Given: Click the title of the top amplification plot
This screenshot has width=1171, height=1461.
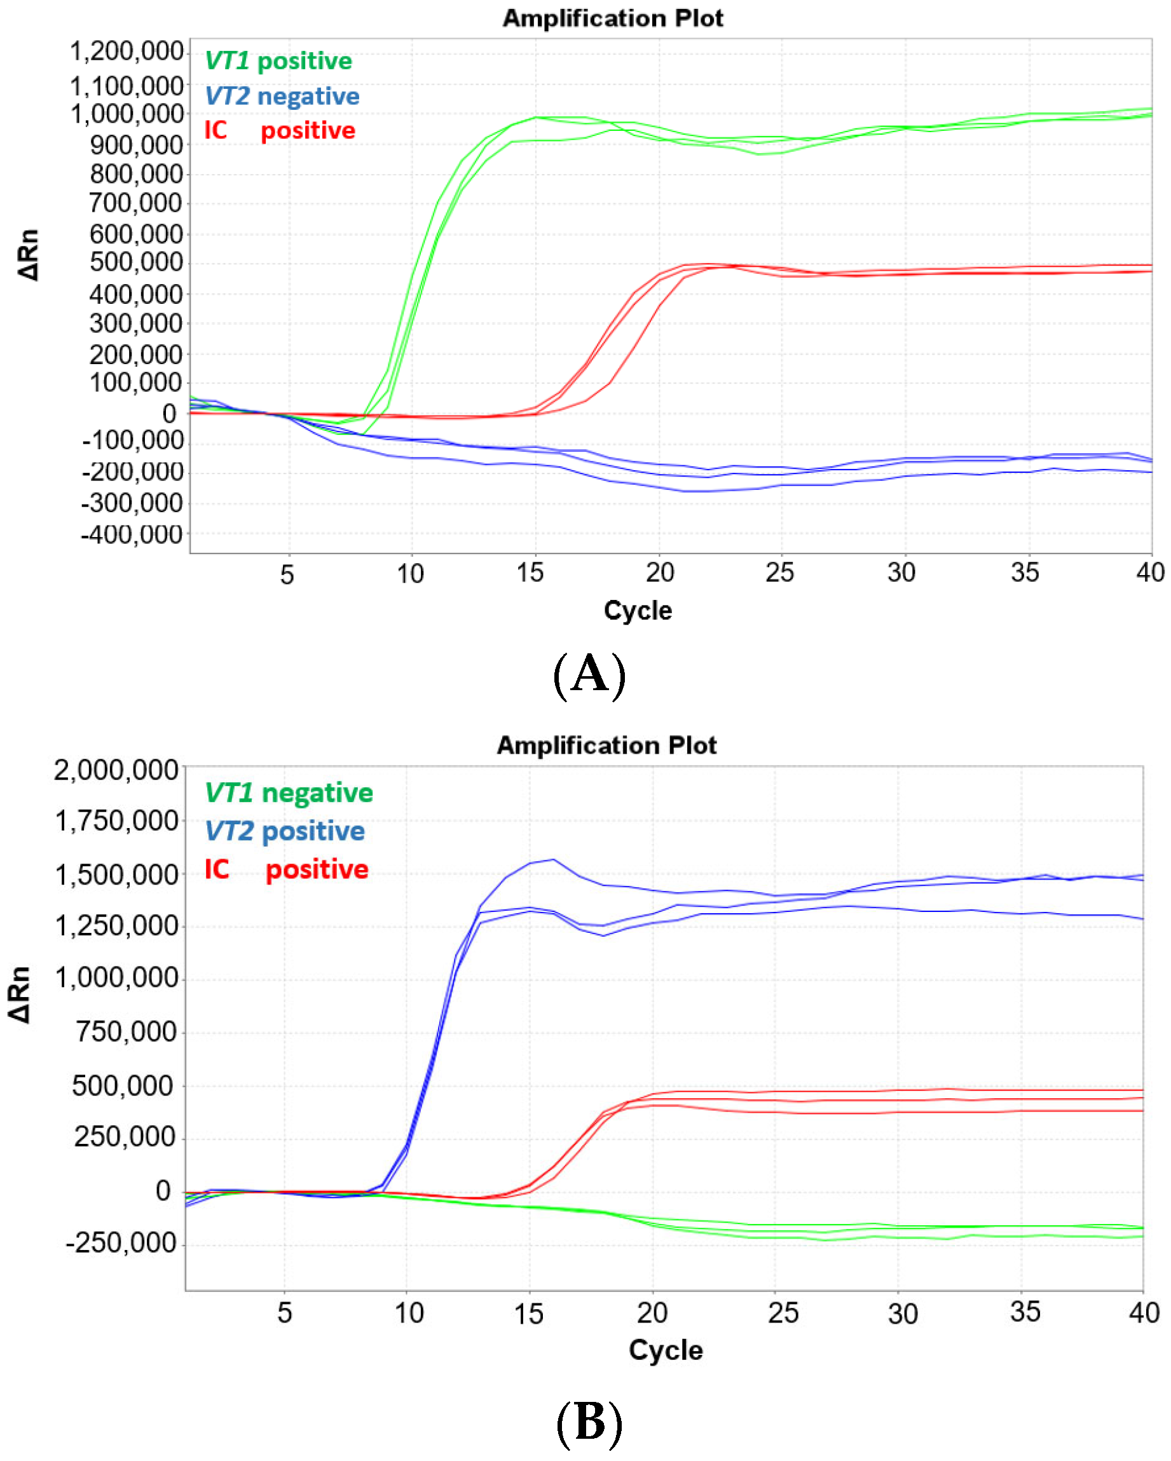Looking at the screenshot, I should pyautogui.click(x=612, y=18).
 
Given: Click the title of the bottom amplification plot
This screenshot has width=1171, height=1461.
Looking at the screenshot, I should pyautogui.click(x=606, y=745).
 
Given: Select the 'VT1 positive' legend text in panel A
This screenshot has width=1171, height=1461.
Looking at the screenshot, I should pyautogui.click(x=278, y=61).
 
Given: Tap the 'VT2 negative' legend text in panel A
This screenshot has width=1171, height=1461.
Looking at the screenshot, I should pyautogui.click(x=282, y=96).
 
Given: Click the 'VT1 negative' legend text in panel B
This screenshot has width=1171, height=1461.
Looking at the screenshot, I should pyautogui.click(x=289, y=793).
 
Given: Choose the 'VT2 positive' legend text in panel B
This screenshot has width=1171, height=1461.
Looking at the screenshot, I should pyautogui.click(x=285, y=831).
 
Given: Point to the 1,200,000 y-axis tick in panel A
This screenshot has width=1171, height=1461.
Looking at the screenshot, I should pyautogui.click(x=127, y=51).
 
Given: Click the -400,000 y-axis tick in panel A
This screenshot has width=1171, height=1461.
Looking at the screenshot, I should pyautogui.click(x=132, y=535).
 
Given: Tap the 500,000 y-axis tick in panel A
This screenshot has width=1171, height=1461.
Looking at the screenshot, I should pyautogui.click(x=136, y=262).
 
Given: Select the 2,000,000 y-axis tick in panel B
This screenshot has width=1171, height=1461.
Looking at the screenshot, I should pyautogui.click(x=116, y=770).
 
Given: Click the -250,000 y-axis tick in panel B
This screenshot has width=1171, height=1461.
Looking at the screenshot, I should pyautogui.click(x=121, y=1243).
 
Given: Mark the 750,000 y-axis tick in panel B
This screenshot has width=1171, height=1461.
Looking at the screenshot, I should pyautogui.click(x=126, y=1032).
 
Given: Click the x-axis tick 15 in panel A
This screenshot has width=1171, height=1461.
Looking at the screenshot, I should pyautogui.click(x=530, y=573).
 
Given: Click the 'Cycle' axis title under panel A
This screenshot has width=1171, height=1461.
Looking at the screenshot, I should pyautogui.click(x=638, y=611).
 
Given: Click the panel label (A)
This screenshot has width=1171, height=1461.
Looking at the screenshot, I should pyautogui.click(x=589, y=674).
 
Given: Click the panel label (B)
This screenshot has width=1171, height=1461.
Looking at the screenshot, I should pyautogui.click(x=589, y=1422).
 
